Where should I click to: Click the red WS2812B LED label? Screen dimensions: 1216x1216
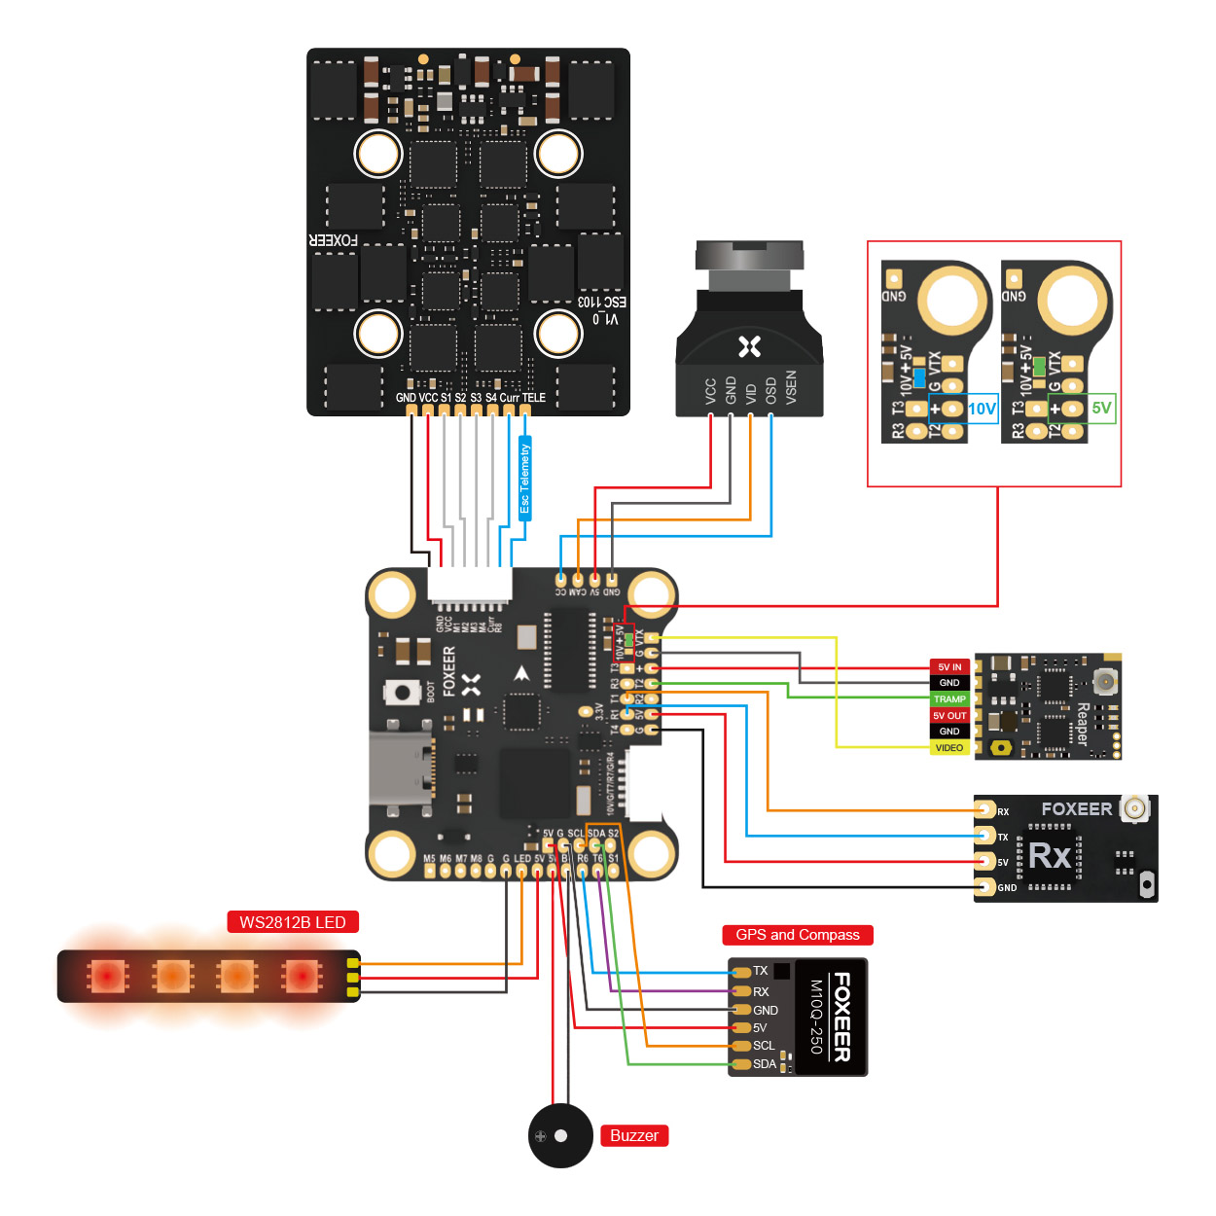point(293,922)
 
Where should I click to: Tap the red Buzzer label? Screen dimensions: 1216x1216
point(634,1135)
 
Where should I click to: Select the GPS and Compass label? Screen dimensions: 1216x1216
point(798,935)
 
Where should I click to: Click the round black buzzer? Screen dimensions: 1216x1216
point(560,1135)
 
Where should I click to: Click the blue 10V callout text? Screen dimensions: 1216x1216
point(982,409)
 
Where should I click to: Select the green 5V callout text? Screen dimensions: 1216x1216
point(1101,408)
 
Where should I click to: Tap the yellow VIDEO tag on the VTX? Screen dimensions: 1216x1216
point(949,748)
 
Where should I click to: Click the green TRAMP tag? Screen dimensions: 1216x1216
point(949,699)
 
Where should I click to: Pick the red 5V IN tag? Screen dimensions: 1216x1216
point(949,667)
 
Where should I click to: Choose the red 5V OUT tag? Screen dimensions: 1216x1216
point(949,716)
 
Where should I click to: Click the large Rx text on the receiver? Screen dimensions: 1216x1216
point(1050,856)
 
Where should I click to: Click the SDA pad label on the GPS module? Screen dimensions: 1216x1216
point(765,1064)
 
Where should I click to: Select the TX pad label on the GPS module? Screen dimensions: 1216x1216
point(761,971)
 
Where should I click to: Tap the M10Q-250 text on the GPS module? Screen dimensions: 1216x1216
point(817,1018)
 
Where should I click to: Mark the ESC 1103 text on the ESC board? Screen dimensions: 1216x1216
point(602,302)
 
